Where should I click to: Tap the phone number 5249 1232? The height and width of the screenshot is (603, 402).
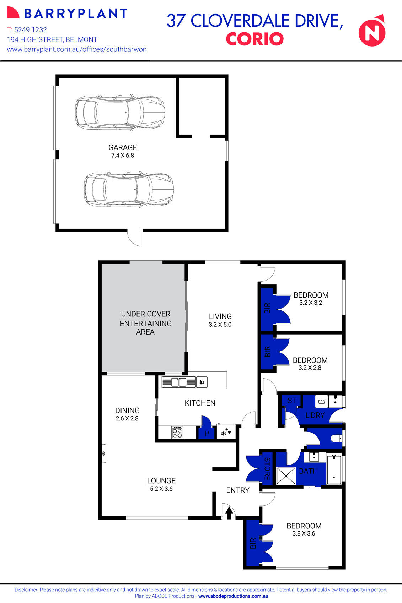click(x=31, y=30)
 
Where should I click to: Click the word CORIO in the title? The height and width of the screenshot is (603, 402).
click(x=254, y=39)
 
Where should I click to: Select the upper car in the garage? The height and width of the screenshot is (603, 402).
click(x=120, y=112)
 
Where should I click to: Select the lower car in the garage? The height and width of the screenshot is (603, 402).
click(x=129, y=190)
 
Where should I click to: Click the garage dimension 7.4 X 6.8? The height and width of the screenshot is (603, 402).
click(x=123, y=156)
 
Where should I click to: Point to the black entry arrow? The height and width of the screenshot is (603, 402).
click(x=229, y=512)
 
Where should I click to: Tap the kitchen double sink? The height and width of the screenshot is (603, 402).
click(x=179, y=382)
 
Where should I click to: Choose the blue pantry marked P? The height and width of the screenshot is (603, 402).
click(x=207, y=434)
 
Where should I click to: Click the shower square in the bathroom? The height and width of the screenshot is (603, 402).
click(x=286, y=476)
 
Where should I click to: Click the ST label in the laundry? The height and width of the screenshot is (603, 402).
click(x=291, y=401)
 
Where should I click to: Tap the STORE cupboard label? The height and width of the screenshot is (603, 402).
click(x=267, y=469)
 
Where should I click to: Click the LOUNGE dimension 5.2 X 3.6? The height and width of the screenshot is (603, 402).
click(x=161, y=489)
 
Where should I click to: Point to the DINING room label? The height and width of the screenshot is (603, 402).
click(x=127, y=410)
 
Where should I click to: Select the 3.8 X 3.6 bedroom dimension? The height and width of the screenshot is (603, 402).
click(x=304, y=533)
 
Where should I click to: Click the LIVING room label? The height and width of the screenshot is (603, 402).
click(x=220, y=316)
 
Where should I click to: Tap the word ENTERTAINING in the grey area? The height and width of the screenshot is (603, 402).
click(x=146, y=324)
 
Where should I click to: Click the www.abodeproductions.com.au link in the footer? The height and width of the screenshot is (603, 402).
click(x=233, y=596)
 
